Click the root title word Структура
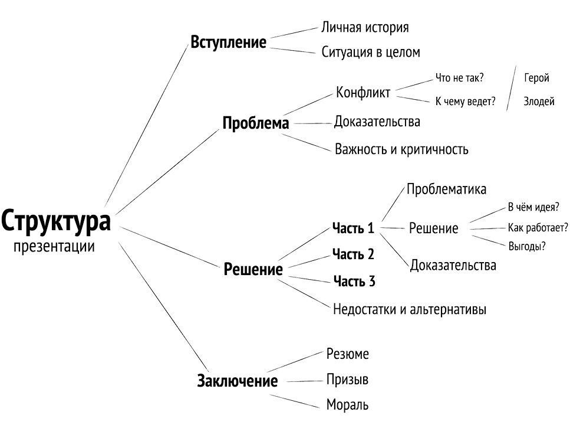(55, 221)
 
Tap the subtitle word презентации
(54, 247)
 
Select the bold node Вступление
(228, 42)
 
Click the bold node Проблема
(256, 123)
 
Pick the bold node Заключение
(238, 381)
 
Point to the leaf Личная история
(365, 28)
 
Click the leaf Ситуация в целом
(371, 52)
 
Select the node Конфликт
(363, 93)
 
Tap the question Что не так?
(460, 77)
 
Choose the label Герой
(536, 77)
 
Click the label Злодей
(539, 102)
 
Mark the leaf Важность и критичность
(401, 149)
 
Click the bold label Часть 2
(353, 254)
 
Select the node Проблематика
(446, 189)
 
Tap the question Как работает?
(538, 228)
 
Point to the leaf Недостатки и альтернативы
(410, 309)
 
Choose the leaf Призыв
(347, 380)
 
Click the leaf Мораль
(347, 404)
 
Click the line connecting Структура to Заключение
(163, 306)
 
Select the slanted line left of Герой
(511, 88)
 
